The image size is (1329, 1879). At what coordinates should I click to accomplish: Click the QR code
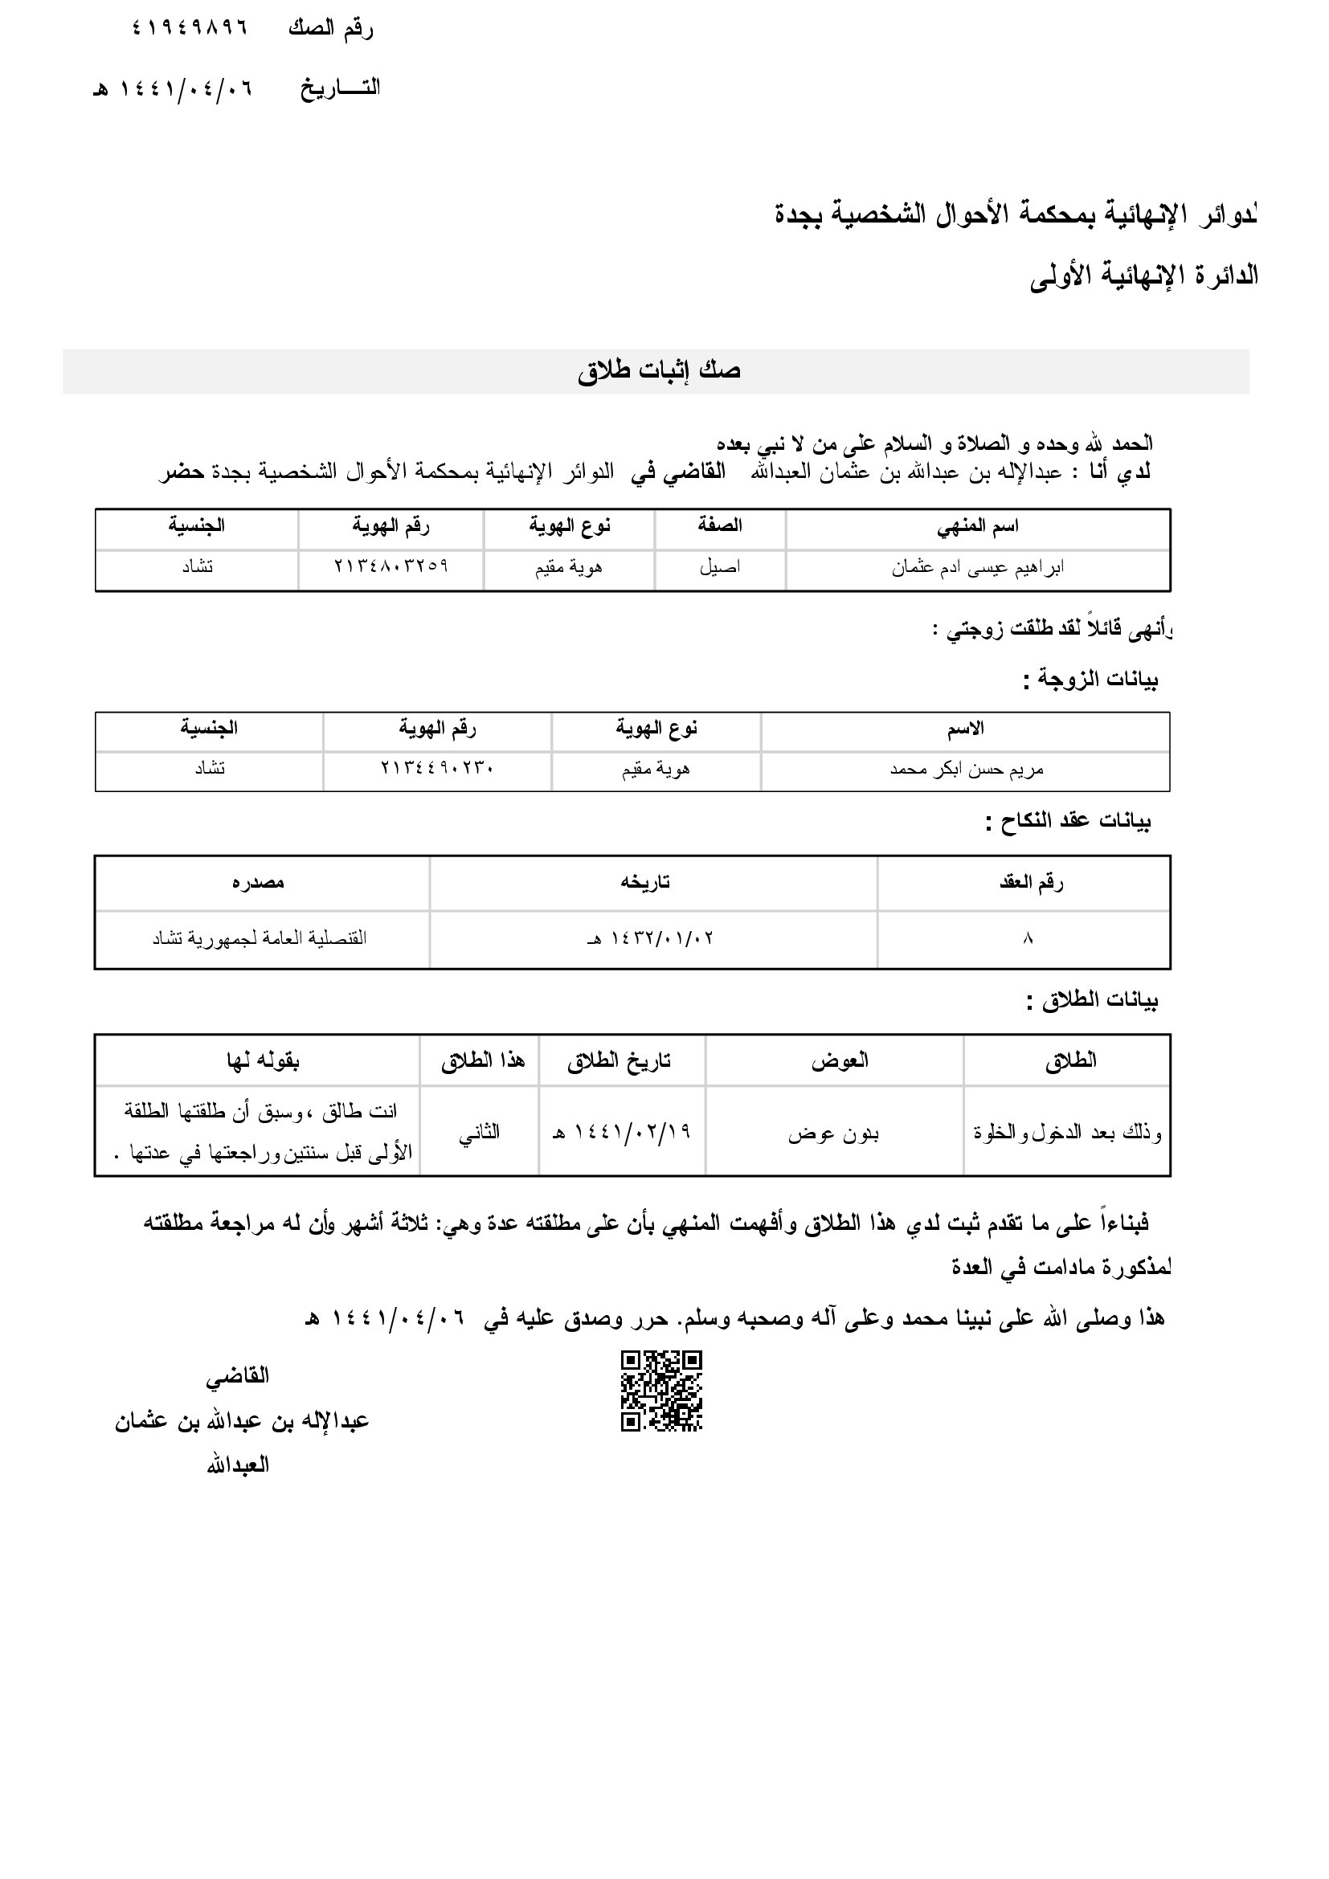pyautogui.click(x=661, y=1391)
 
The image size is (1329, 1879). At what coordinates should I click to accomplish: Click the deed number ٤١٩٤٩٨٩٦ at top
pyautogui.click(x=189, y=29)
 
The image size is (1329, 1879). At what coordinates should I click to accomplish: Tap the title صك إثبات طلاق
pyautogui.click(x=659, y=370)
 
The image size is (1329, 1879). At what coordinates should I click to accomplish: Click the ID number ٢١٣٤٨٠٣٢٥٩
pyautogui.click(x=391, y=566)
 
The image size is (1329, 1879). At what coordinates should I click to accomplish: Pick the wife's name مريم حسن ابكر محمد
pyautogui.click(x=967, y=770)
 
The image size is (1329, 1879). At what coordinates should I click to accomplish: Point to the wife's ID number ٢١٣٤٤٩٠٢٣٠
pyautogui.click(x=436, y=769)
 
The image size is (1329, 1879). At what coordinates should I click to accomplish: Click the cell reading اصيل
pyautogui.click(x=719, y=568)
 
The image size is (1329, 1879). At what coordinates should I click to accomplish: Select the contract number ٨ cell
pyautogui.click(x=1028, y=938)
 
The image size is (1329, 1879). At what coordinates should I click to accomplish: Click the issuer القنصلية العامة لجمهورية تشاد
pyautogui.click(x=260, y=938)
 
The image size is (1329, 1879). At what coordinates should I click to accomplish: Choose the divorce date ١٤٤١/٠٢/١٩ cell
pyautogui.click(x=622, y=1132)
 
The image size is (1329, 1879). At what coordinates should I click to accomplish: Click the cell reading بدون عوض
pyautogui.click(x=833, y=1134)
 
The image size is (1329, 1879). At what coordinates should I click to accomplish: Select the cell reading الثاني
pyautogui.click(x=479, y=1133)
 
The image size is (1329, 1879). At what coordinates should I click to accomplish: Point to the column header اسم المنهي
pyautogui.click(x=977, y=527)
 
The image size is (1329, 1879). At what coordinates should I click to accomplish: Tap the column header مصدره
pyautogui.click(x=259, y=883)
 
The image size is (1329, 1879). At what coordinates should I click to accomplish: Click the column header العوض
pyautogui.click(x=840, y=1061)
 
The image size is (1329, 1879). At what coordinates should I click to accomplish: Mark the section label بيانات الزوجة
pyautogui.click(x=1091, y=680)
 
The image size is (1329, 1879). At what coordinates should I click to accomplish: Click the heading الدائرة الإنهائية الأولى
pyautogui.click(x=1143, y=276)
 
